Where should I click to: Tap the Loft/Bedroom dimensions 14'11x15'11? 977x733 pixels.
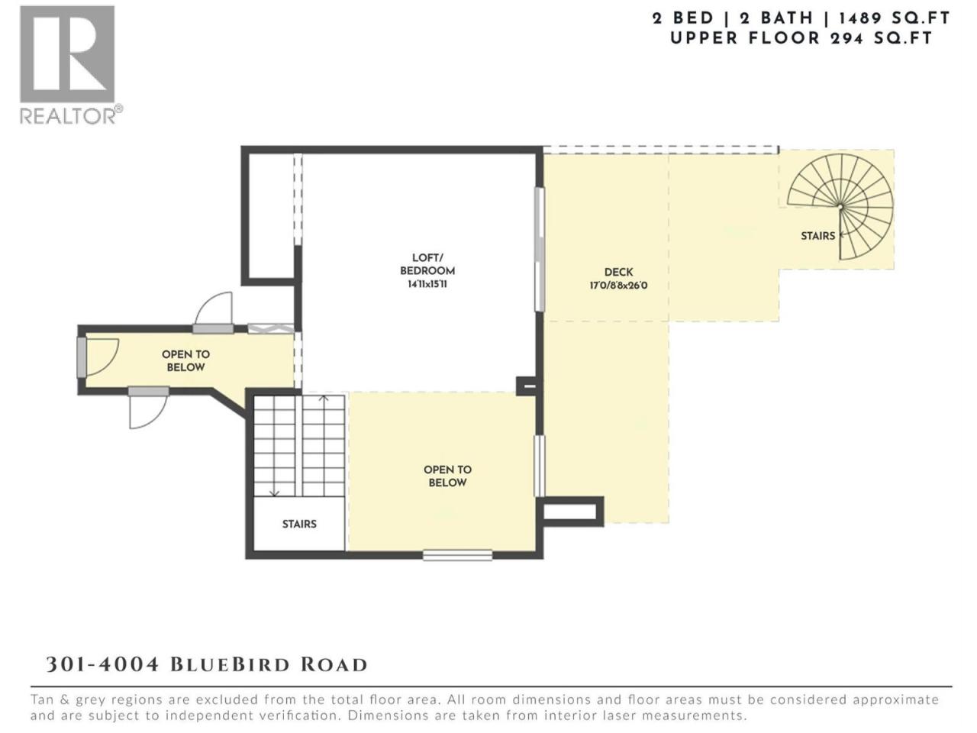[x=427, y=284]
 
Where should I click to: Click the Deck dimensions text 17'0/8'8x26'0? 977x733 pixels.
[x=618, y=286]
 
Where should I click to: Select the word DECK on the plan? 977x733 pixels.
[x=618, y=272]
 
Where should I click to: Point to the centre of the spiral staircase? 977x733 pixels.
[x=840, y=206]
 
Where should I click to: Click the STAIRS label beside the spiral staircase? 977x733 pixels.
[x=817, y=236]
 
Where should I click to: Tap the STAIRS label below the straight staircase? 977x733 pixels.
[x=299, y=524]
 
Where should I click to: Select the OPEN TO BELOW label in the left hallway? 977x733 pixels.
[x=185, y=360]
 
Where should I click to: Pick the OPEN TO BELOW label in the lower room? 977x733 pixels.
[x=447, y=476]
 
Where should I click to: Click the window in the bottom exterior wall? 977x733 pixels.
[x=457, y=555]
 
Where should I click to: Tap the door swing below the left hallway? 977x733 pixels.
[x=148, y=412]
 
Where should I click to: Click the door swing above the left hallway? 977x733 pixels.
[x=214, y=308]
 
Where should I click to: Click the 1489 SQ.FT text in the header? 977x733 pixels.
[x=895, y=18]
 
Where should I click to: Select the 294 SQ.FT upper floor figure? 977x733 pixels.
[x=881, y=39]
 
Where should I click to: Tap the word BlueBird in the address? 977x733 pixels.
[x=230, y=664]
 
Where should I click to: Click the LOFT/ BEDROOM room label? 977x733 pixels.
[x=427, y=264]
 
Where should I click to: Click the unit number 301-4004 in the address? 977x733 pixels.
[x=102, y=664]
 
